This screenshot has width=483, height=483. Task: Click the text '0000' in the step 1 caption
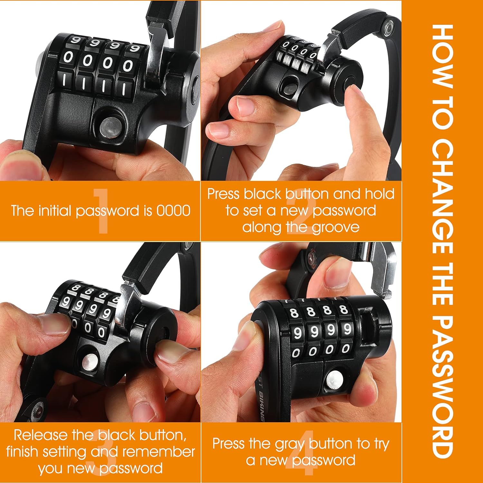(174, 211)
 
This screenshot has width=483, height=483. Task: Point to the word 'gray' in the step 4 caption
(290, 445)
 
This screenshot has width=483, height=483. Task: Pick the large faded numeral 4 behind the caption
(299, 452)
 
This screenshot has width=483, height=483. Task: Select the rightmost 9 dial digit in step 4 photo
(347, 329)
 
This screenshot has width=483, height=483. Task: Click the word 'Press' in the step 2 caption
(223, 194)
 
